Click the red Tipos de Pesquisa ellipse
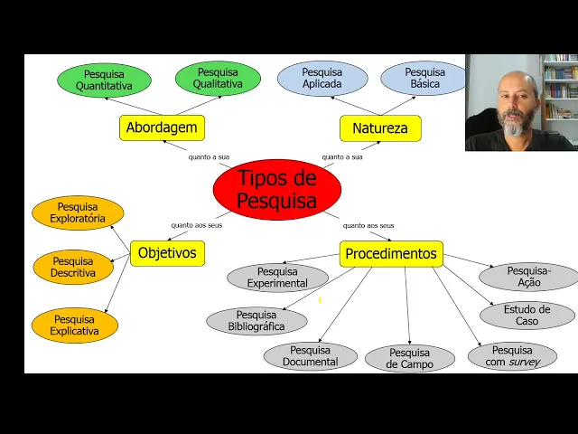coord(277,189)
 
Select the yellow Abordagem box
coord(162,127)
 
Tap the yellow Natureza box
coord(380,128)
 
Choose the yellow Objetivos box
coord(167,253)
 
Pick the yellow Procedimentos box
coord(391,254)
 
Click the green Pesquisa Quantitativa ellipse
coord(104,80)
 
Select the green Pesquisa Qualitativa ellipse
coord(218,79)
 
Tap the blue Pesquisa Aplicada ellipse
coord(322,79)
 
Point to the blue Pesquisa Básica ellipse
coord(424,79)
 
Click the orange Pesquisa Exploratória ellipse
coord(78,212)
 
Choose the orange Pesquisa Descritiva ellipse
coord(73,267)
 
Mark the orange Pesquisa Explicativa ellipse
coord(74,325)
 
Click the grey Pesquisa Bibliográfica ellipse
coord(256,321)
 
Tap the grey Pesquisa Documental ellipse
coord(310,356)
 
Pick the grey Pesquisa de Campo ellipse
coord(410,358)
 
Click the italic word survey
coord(524,363)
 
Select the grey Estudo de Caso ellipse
coord(527,316)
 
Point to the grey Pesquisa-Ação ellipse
coord(529,277)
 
